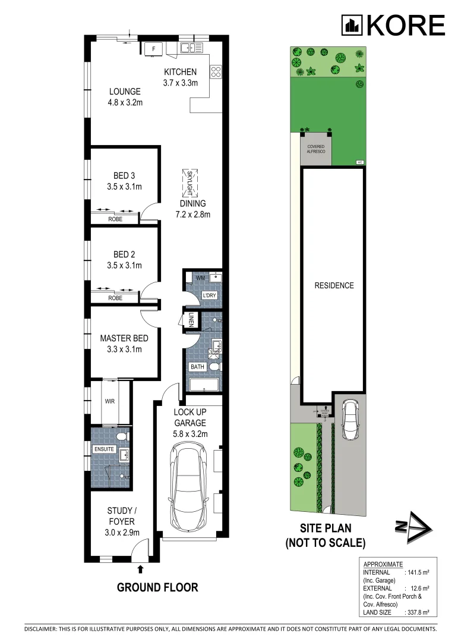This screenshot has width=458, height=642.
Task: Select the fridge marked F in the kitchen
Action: tap(154, 48)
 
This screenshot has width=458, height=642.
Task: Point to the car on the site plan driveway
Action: tap(350, 418)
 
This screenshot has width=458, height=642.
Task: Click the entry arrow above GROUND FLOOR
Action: tap(140, 569)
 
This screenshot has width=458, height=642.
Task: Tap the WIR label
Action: tap(110, 401)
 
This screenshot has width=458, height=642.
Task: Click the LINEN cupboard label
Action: tap(192, 320)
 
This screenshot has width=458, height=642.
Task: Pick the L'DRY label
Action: tap(209, 295)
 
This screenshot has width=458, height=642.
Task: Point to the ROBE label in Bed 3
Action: tap(115, 219)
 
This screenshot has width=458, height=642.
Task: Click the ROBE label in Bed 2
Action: tap(115, 298)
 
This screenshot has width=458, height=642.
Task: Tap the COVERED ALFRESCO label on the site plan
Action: tap(316, 149)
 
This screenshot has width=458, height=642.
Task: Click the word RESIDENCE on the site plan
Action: tap(334, 285)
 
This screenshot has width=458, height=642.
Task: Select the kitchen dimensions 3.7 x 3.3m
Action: tap(181, 83)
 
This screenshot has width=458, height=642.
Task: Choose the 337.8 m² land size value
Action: tap(417, 610)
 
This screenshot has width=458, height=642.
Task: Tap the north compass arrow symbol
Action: tap(412, 527)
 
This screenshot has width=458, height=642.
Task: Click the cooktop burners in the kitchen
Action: tap(216, 71)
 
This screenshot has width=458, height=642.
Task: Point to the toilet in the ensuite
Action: tap(121, 437)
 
